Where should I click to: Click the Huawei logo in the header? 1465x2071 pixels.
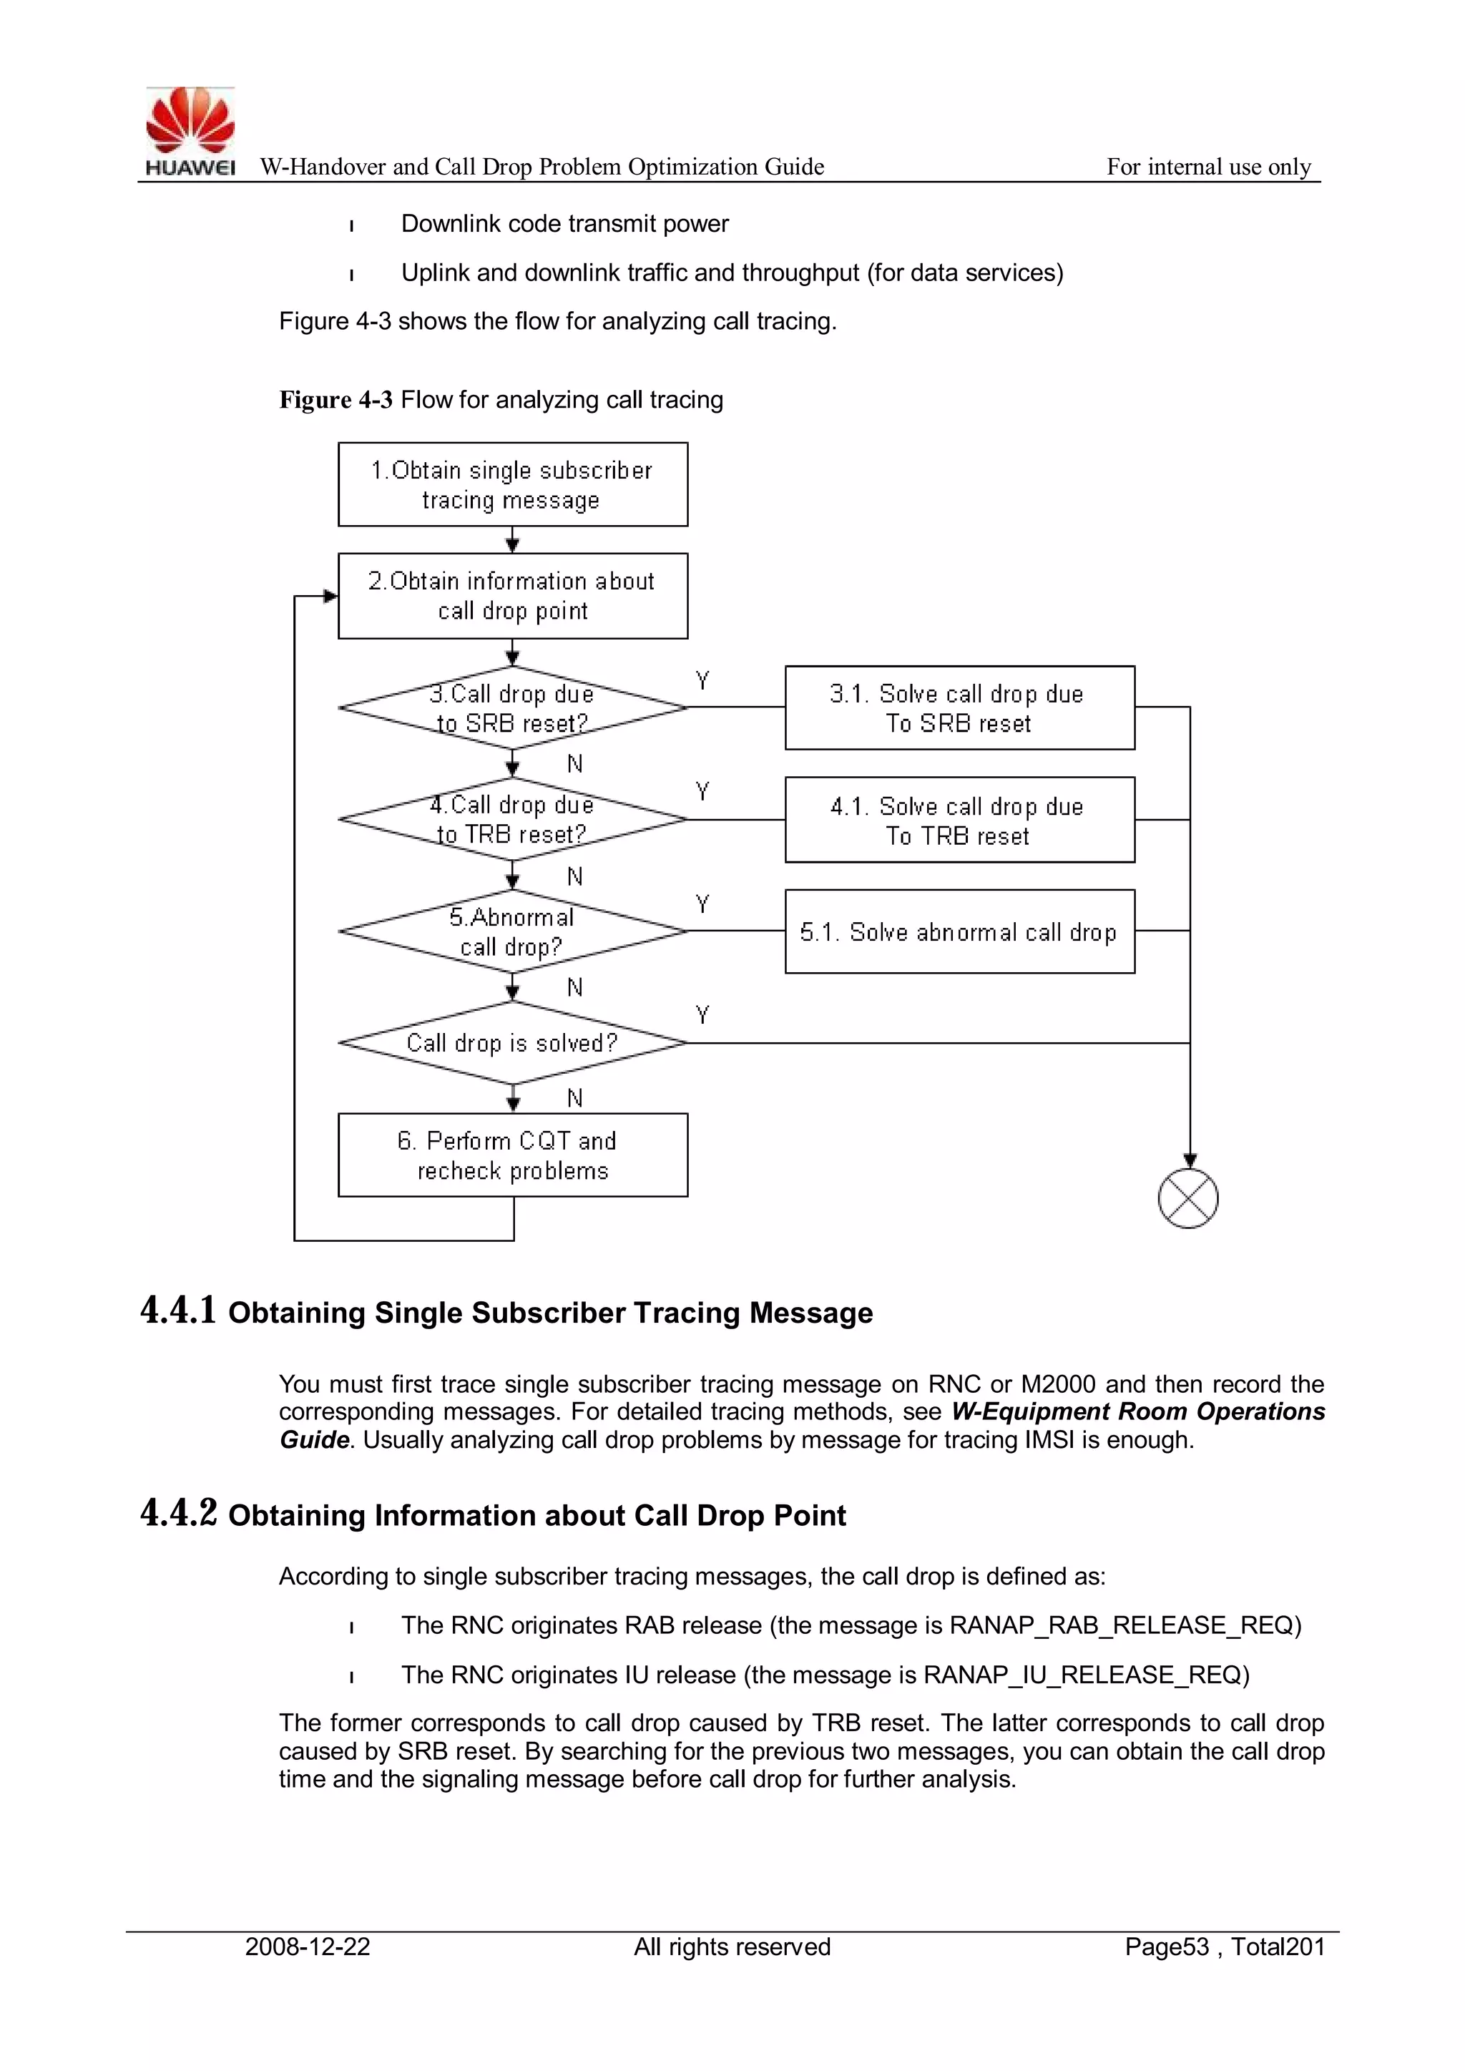pyautogui.click(x=190, y=132)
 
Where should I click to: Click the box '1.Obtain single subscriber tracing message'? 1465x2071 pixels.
pyautogui.click(x=512, y=484)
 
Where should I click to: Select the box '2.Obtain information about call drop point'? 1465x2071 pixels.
pyautogui.click(x=512, y=595)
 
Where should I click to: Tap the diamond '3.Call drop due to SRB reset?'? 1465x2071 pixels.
pyautogui.click(x=512, y=708)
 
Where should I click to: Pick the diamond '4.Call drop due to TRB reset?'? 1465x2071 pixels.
pyautogui.click(x=512, y=819)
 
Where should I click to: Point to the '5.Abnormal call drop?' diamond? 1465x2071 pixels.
pyautogui.click(x=512, y=931)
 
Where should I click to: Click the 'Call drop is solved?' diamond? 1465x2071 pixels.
pyautogui.click(x=512, y=1043)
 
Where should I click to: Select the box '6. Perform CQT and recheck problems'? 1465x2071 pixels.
pyautogui.click(x=512, y=1155)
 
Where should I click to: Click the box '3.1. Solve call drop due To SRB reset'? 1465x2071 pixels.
pyautogui.click(x=959, y=708)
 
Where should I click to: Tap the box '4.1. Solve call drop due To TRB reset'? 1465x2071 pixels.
pyautogui.click(x=959, y=820)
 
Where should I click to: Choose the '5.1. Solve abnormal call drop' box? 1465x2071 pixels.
pyautogui.click(x=959, y=931)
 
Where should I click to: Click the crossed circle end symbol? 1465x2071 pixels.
pyautogui.click(x=1188, y=1199)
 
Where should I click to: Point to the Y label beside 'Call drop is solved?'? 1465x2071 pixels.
pyautogui.click(x=702, y=1014)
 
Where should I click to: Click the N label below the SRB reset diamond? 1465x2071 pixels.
pyautogui.click(x=574, y=764)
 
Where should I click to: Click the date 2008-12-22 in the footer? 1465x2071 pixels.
pyautogui.click(x=308, y=1947)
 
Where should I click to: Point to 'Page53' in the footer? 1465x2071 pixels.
pyautogui.click(x=1167, y=1947)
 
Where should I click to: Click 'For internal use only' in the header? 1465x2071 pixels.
pyautogui.click(x=1208, y=167)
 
